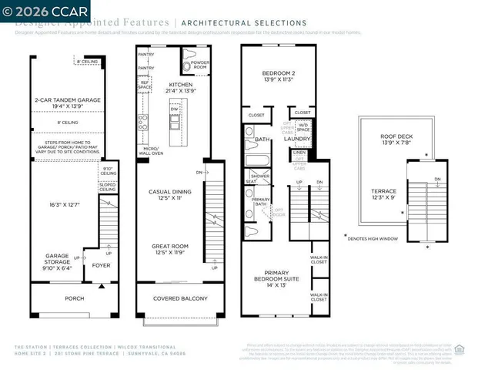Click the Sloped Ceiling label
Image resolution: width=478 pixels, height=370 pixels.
pyautogui.click(x=109, y=187)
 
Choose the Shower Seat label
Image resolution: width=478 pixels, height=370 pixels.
pyautogui.click(x=252, y=178)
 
